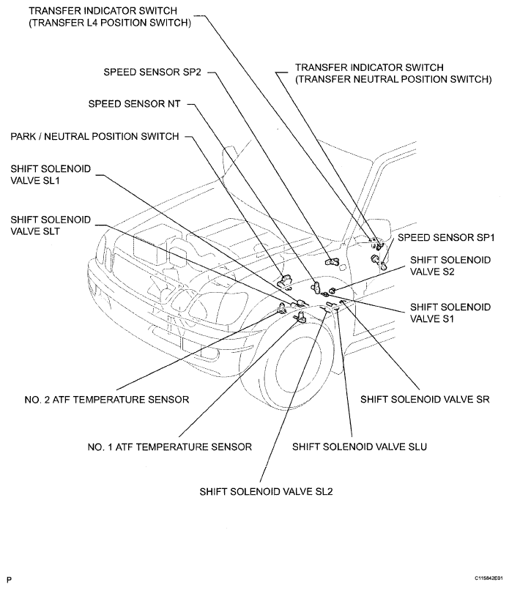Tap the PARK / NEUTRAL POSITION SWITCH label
[x=94, y=136]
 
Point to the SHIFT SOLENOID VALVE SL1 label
[x=51, y=175]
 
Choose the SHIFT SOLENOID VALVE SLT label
[x=51, y=225]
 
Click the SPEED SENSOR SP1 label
[x=447, y=239]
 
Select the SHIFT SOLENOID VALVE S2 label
[x=450, y=266]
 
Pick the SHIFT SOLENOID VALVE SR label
[x=425, y=400]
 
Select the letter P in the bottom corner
[x=9, y=578]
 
